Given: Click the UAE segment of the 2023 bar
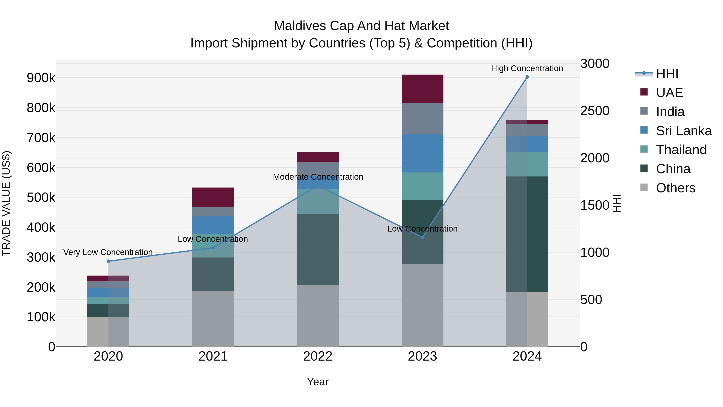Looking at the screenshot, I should [x=422, y=89].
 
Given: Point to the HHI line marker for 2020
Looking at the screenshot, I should [x=108, y=261].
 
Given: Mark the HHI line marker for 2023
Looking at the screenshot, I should [x=422, y=237].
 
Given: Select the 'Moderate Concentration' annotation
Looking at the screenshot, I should [x=318, y=177].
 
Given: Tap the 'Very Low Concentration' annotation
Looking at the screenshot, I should [x=108, y=252].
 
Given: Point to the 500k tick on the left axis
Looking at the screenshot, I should [x=41, y=197].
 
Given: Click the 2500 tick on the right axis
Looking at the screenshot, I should [x=594, y=111].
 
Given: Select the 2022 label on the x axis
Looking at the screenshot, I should [x=318, y=356].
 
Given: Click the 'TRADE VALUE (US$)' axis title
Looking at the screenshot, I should [x=6, y=203].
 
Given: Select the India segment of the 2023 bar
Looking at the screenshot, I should [x=422, y=119].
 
